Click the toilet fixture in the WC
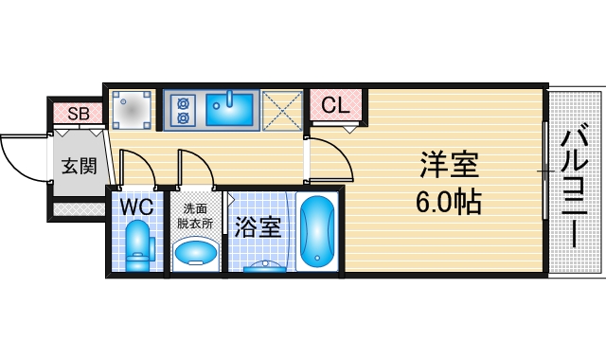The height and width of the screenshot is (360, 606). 138,243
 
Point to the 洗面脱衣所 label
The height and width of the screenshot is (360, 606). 195,216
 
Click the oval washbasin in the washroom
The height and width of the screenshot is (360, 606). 196,253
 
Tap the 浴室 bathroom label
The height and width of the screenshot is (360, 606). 258,227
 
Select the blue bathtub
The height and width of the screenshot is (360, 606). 316,232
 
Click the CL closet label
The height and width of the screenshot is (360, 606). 336,106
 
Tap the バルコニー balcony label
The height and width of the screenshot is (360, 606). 576,185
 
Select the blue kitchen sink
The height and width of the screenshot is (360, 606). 230,109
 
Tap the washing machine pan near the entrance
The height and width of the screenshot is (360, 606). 131,109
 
